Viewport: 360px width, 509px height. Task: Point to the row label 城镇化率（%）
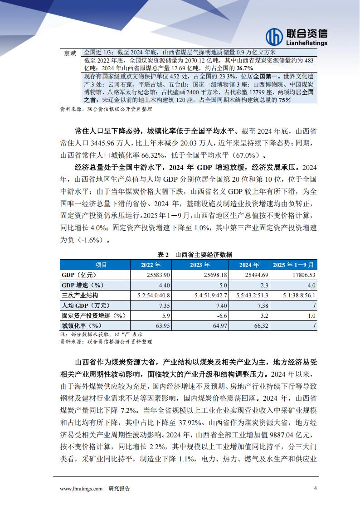(81, 325)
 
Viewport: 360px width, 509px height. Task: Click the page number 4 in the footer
(315, 489)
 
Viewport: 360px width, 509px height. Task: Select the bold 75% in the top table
(285, 100)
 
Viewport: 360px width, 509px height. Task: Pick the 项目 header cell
(95, 265)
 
